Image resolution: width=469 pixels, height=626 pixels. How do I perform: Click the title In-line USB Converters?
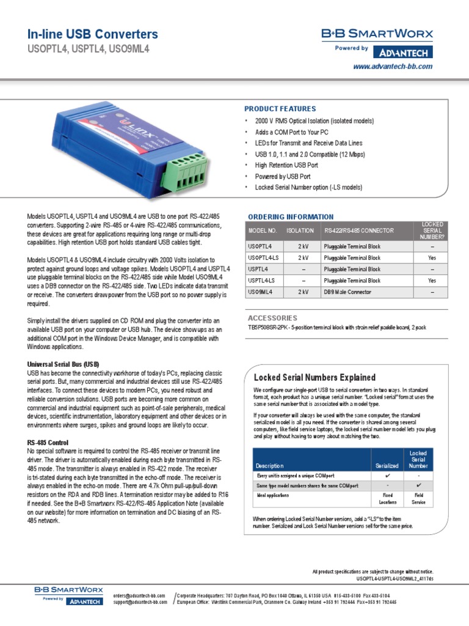click(x=93, y=34)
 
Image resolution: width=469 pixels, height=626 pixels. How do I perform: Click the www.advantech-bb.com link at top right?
click(x=393, y=66)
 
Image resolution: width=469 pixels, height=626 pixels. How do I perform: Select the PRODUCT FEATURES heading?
click(x=280, y=109)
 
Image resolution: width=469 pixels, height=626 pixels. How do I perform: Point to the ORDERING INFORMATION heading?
click(x=291, y=216)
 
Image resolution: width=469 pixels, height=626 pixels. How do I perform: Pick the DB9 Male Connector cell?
click(x=347, y=292)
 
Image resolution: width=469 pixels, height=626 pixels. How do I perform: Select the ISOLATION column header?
click(x=300, y=230)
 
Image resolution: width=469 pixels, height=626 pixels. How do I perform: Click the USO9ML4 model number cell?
click(x=260, y=292)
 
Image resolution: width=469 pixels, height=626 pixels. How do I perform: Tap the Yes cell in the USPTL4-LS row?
click(x=432, y=281)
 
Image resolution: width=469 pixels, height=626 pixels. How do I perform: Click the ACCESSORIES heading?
click(x=272, y=318)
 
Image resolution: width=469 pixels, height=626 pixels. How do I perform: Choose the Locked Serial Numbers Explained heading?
click(x=314, y=377)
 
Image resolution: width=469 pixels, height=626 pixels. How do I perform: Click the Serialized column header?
click(x=387, y=466)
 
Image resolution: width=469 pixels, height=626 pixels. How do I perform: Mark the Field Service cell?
click(x=418, y=499)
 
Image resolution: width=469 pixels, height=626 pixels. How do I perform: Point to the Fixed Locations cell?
click(x=387, y=499)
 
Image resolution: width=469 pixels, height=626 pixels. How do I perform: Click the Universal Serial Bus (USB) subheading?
click(x=63, y=364)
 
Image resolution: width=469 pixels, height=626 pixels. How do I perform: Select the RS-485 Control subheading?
click(x=48, y=442)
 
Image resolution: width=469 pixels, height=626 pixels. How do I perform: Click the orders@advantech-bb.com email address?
click(x=140, y=594)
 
